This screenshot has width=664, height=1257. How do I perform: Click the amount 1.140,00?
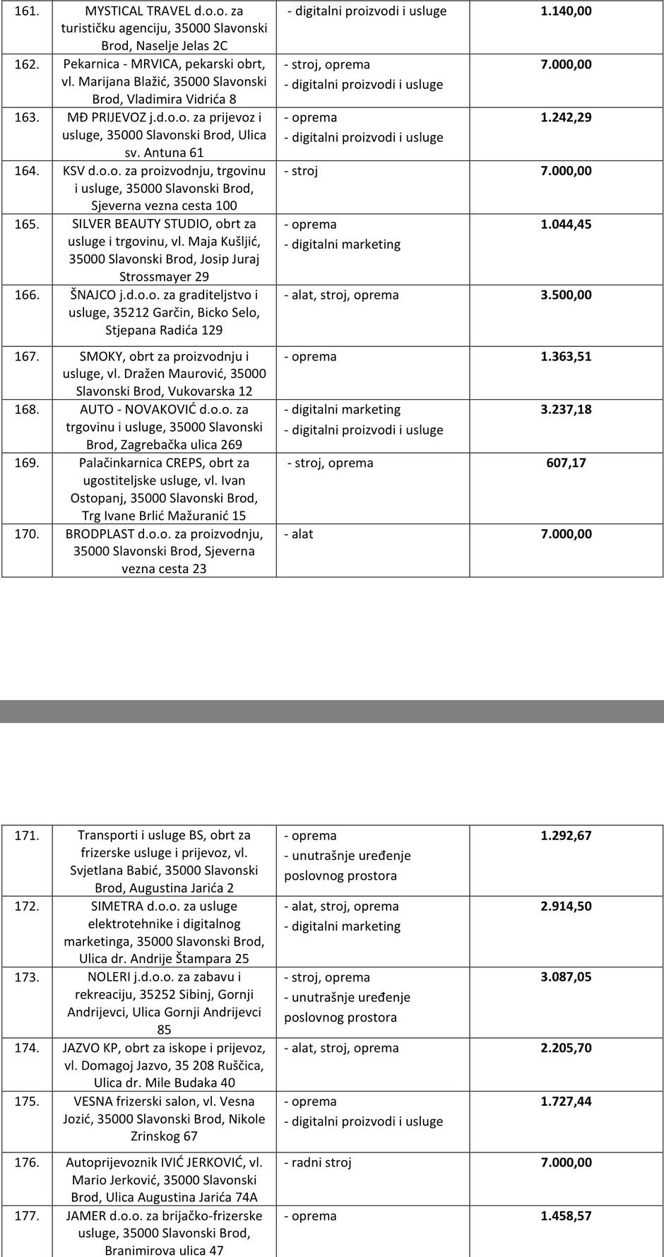coord(566,11)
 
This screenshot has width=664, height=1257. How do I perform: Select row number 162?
coord(27,64)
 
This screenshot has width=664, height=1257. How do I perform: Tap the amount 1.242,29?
coord(566,117)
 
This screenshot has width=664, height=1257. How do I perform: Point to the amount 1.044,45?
coord(566,224)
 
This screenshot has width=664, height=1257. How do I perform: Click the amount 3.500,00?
coord(566,295)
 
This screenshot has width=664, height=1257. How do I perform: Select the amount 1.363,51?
coord(566,356)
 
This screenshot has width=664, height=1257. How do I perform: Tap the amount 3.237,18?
coord(566,409)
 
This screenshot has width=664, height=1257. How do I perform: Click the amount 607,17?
coord(566,463)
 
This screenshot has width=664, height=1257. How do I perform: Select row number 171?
coord(27,835)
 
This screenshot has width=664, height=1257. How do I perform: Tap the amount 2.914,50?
coord(566,906)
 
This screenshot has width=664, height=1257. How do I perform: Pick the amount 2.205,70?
coord(566,1048)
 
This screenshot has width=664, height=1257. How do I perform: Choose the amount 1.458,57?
coord(566,1216)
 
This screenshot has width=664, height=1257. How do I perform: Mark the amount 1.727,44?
coord(566,1101)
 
